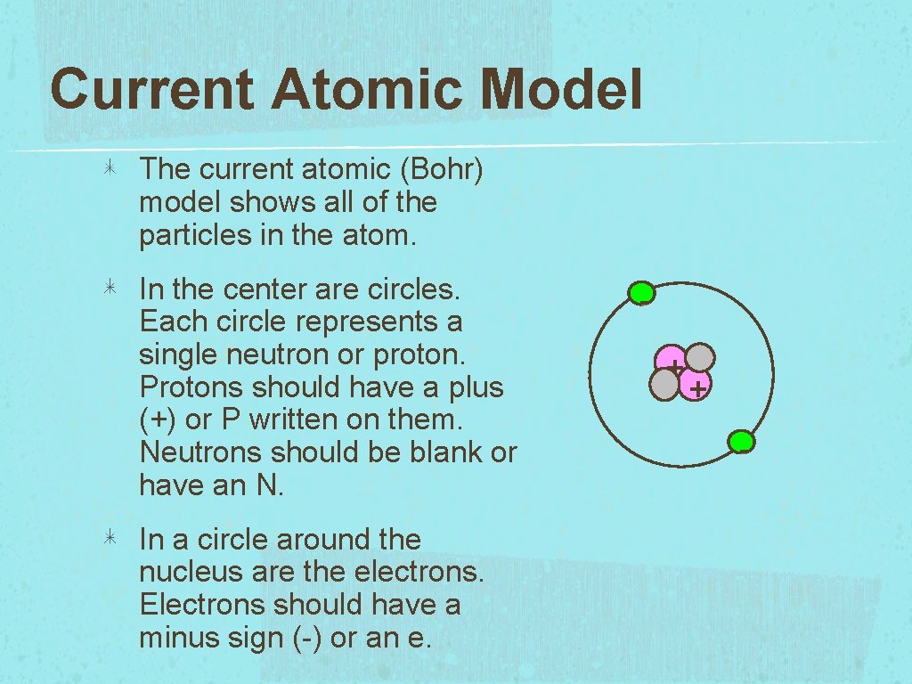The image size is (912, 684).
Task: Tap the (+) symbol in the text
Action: pyautogui.click(x=158, y=420)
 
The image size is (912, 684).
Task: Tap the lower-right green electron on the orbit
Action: pyautogui.click(x=741, y=441)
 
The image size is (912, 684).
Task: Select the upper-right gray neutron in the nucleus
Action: pyautogui.click(x=700, y=358)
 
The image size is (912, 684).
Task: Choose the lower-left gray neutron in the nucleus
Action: pyautogui.click(x=665, y=385)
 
